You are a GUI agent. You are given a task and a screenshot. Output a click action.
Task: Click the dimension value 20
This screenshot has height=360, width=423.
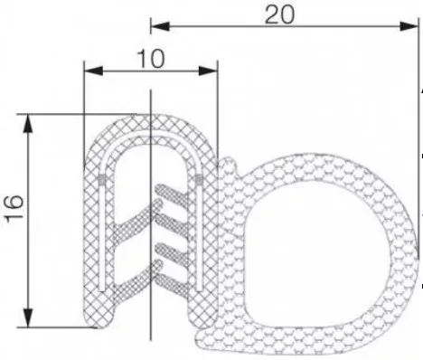279,15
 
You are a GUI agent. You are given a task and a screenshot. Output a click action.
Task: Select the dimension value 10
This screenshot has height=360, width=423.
151,59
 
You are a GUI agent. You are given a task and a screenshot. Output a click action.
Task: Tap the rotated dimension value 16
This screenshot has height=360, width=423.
14,209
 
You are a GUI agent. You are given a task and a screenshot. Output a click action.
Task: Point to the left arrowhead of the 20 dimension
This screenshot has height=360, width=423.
160,26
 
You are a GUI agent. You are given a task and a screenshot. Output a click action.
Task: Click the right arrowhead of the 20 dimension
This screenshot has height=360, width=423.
409,26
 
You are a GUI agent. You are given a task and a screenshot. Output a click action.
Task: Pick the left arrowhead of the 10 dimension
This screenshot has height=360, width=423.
93,71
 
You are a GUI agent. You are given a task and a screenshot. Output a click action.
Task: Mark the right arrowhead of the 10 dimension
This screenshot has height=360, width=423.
208,71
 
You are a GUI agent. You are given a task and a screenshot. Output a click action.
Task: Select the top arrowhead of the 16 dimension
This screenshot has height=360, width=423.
28,123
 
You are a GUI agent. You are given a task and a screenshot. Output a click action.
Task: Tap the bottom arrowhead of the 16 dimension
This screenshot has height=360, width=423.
28,317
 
